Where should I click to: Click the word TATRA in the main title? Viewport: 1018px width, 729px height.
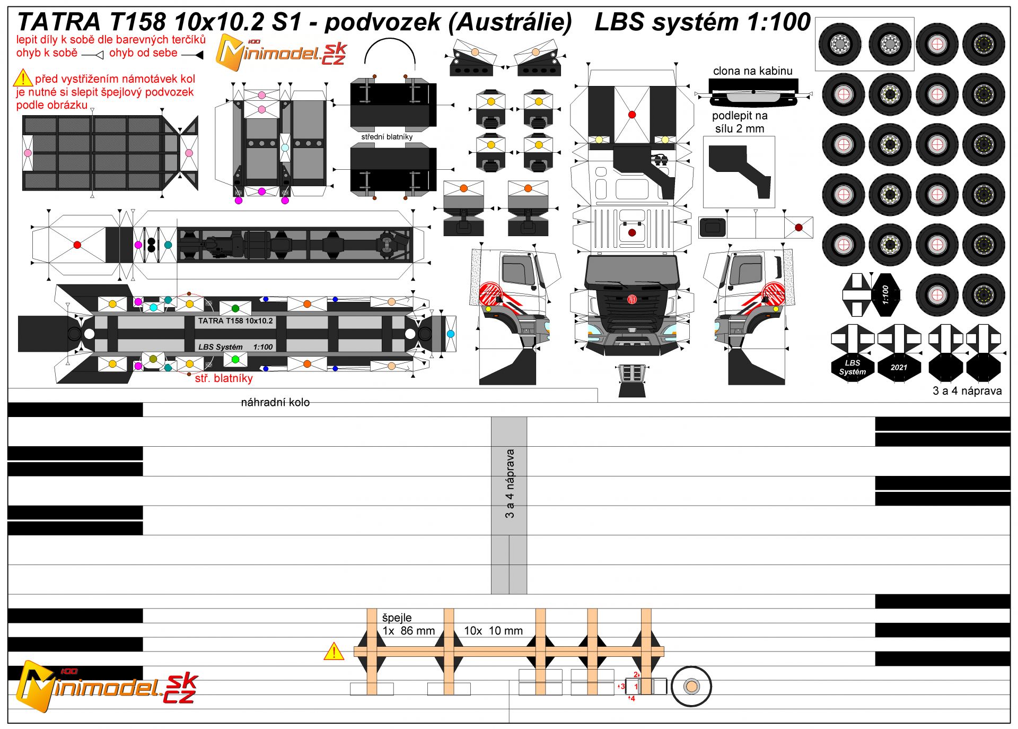(58, 22)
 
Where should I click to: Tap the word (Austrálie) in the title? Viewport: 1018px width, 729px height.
(510, 22)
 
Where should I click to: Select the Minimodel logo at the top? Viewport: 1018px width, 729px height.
(281, 53)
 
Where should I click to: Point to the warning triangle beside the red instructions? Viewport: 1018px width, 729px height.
(23, 79)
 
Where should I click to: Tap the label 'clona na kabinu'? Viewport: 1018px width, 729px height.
(752, 71)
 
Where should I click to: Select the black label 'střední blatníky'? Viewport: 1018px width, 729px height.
(387, 137)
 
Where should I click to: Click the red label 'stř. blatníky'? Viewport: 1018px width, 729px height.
(224, 378)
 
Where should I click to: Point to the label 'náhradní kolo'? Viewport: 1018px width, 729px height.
(275, 402)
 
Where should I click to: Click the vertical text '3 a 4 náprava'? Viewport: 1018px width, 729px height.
(510, 483)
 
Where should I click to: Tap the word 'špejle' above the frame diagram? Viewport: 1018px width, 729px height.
(397, 618)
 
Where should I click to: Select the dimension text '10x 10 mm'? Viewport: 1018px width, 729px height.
(493, 631)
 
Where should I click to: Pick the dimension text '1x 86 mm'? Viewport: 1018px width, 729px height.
(408, 631)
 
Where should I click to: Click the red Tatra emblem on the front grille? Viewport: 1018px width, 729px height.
(632, 299)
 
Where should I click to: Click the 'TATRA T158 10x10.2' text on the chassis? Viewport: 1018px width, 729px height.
(235, 321)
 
